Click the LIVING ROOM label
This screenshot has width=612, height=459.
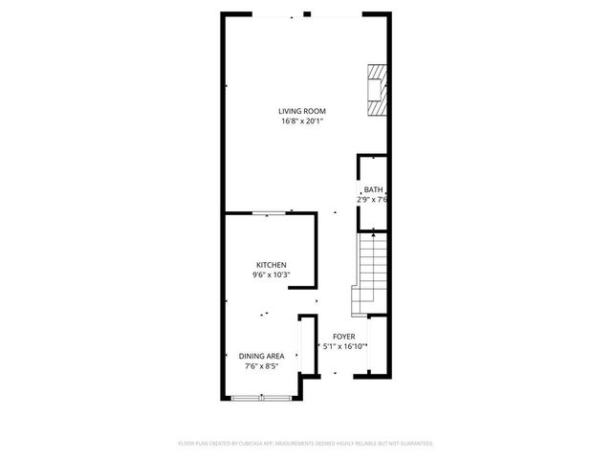click(302, 111)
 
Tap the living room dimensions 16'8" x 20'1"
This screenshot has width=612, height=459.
click(302, 121)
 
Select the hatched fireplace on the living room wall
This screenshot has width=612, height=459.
click(380, 91)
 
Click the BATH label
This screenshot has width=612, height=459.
click(373, 190)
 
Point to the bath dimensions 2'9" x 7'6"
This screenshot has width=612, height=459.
click(372, 200)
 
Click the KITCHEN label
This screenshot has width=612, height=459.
click(271, 265)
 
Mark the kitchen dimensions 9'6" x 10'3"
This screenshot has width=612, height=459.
click(271, 274)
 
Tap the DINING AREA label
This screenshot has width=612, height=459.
click(261, 356)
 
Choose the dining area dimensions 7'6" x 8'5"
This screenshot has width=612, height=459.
click(261, 365)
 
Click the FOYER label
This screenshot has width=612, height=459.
click(344, 337)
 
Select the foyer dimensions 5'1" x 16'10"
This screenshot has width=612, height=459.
click(344, 346)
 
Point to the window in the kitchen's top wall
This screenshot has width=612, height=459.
click(267, 214)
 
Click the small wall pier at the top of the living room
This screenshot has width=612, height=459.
click(307, 14)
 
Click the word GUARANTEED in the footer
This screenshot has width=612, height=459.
click(413, 444)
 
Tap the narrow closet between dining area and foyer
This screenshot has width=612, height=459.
click(307, 346)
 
